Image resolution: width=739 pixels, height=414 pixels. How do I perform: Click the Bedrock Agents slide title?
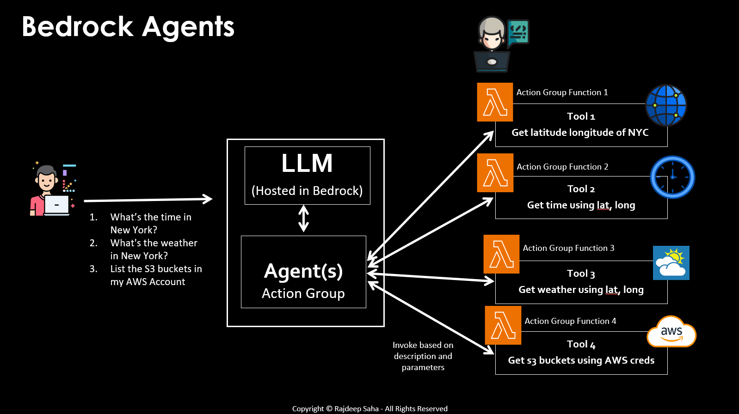(128, 27)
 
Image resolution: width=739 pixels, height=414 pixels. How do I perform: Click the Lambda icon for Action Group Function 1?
(495, 102)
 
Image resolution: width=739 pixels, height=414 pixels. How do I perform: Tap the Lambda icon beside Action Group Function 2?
(495, 173)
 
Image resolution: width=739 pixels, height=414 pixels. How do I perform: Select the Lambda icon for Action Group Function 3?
(501, 254)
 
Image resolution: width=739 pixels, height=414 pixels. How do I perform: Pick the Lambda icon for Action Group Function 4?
(503, 325)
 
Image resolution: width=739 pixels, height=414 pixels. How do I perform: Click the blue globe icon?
(666, 105)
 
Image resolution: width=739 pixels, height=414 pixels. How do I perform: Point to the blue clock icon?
(672, 177)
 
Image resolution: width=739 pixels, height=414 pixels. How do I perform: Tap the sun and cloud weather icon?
(671, 263)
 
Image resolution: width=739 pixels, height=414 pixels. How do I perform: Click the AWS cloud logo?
(671, 332)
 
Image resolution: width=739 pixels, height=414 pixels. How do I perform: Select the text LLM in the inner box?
(307, 164)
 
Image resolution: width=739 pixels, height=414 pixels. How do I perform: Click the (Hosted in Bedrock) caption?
(307, 191)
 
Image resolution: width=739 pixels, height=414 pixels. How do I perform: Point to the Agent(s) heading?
(303, 271)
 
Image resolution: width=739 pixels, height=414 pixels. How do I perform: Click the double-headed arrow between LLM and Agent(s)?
(303, 219)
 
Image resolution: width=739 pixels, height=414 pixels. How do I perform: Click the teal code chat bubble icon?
(518, 32)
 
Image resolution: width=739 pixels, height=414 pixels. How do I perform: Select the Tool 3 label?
(581, 274)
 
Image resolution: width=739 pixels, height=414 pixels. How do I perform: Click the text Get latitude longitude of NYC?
(580, 133)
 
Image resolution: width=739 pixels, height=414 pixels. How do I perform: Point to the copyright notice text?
(370, 408)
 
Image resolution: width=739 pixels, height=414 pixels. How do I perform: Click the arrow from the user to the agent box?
(148, 200)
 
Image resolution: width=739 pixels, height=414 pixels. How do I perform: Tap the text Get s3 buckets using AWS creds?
(581, 360)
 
